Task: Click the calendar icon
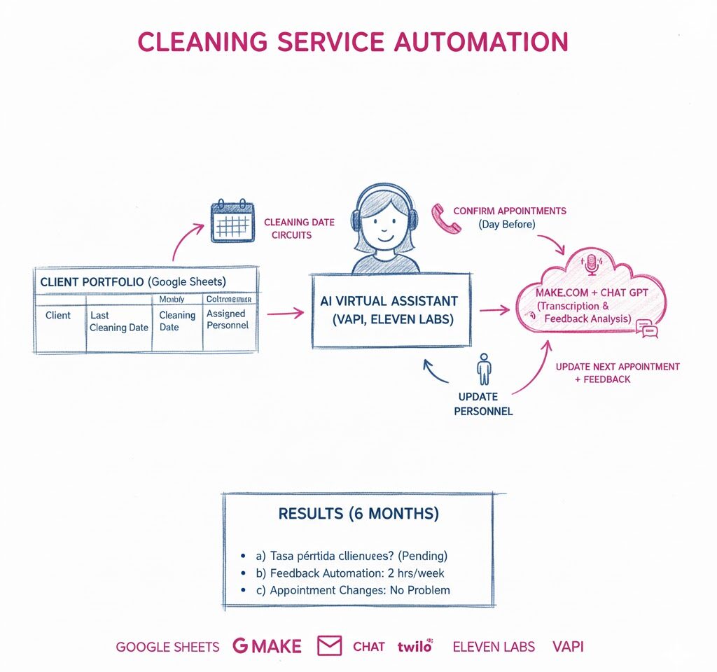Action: click(x=232, y=222)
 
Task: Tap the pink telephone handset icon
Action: click(x=446, y=218)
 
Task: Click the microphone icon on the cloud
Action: click(x=592, y=265)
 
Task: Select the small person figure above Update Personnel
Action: click(x=483, y=369)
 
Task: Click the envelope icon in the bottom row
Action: click(x=328, y=645)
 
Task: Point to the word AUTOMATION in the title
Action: click(x=481, y=41)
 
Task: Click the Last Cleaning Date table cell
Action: click(x=118, y=321)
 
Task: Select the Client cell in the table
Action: click(x=58, y=316)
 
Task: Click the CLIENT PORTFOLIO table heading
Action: click(x=133, y=281)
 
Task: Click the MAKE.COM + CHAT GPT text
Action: click(x=591, y=293)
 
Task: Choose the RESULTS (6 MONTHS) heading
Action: click(x=358, y=514)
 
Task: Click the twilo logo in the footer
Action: click(x=415, y=646)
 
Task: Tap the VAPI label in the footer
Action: click(x=567, y=646)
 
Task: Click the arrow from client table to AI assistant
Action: click(x=286, y=314)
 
